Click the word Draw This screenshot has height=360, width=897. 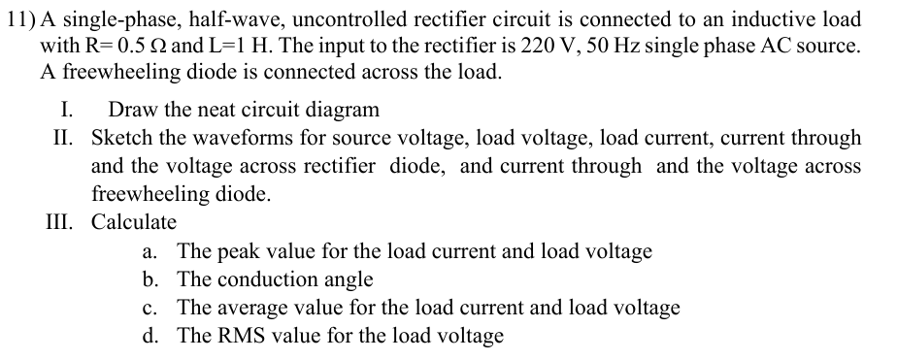click(131, 110)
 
